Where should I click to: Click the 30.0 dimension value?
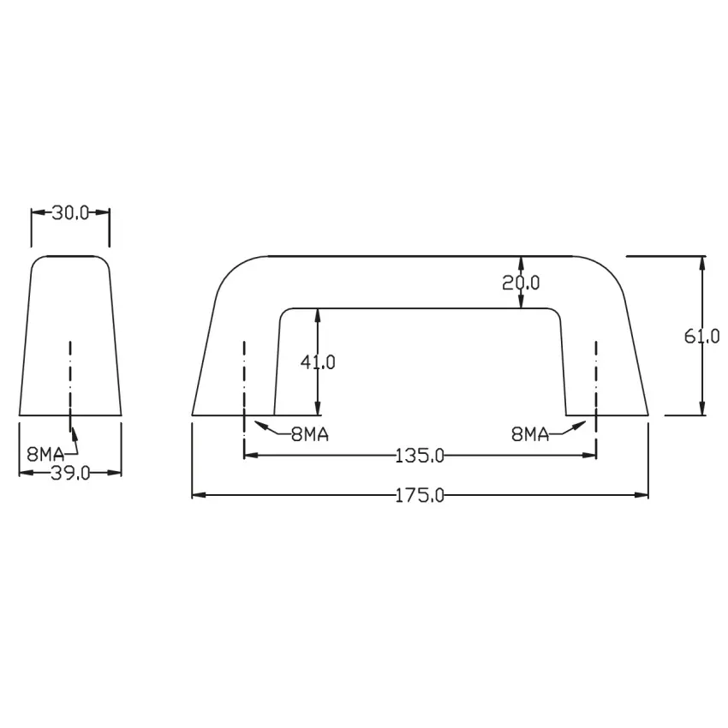tap(70, 213)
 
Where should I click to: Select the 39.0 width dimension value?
tap(70, 473)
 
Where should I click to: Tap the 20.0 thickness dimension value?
tap(521, 283)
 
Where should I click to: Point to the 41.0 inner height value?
tap(318, 362)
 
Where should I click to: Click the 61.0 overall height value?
tap(702, 336)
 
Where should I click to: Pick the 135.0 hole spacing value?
tap(420, 456)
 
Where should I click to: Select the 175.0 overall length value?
tap(420, 496)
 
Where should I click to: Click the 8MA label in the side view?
tap(45, 454)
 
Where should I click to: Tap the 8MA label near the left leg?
tap(310, 434)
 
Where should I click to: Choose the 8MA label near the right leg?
tap(530, 434)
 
